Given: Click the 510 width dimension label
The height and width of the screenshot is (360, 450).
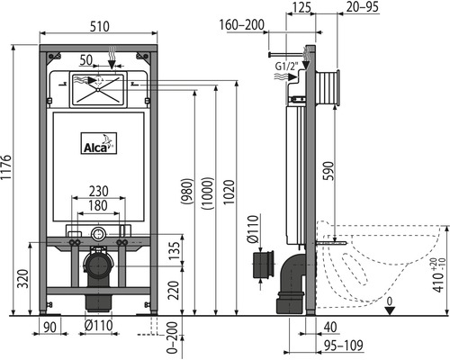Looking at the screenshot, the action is [100, 26].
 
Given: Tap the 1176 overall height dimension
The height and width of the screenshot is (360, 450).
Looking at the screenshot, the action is [6, 167].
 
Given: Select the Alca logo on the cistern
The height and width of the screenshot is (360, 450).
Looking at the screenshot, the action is [99, 143].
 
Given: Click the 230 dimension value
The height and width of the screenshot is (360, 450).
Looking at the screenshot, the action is [99, 191].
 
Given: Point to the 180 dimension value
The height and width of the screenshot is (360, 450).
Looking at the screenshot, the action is [98, 206].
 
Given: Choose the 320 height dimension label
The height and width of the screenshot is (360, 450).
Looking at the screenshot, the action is [23, 279].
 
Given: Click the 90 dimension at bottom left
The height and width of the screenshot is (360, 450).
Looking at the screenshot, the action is [49, 327].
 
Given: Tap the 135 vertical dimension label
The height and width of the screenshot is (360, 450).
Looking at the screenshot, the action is [175, 251].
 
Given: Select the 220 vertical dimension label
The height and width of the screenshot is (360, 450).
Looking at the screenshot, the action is [174, 290].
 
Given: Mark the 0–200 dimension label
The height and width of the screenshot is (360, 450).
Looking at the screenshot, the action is [172, 338].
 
